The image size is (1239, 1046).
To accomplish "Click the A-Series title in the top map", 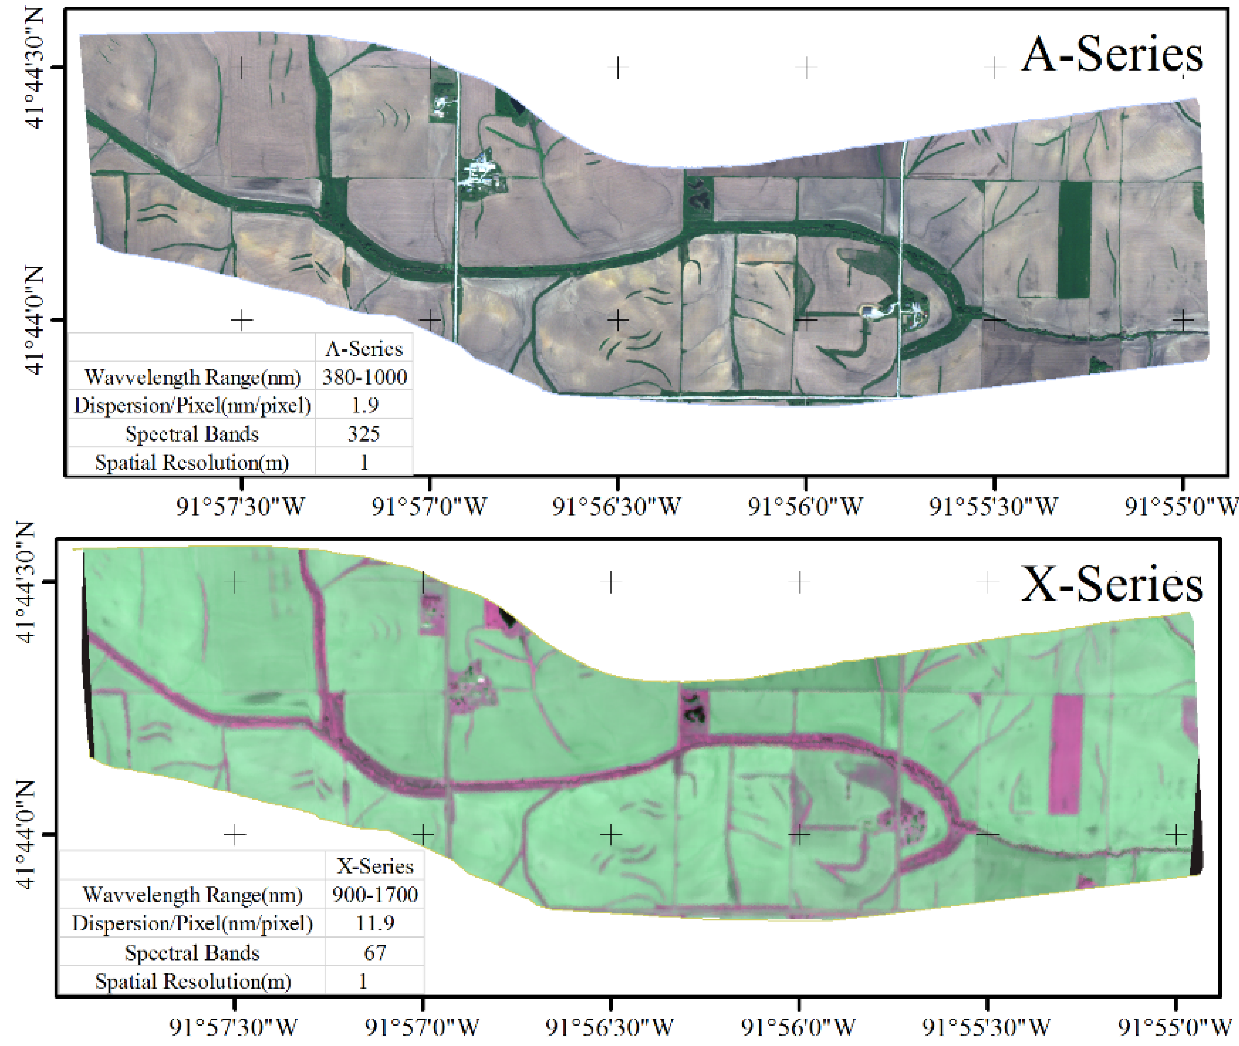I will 1112,55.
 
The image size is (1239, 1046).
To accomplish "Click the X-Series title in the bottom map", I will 1112,584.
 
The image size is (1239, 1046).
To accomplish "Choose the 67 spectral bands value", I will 375,952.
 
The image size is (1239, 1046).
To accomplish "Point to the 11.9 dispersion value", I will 375,923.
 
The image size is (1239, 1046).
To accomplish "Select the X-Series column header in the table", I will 375,866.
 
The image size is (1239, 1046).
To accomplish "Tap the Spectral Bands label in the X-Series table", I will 192,952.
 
